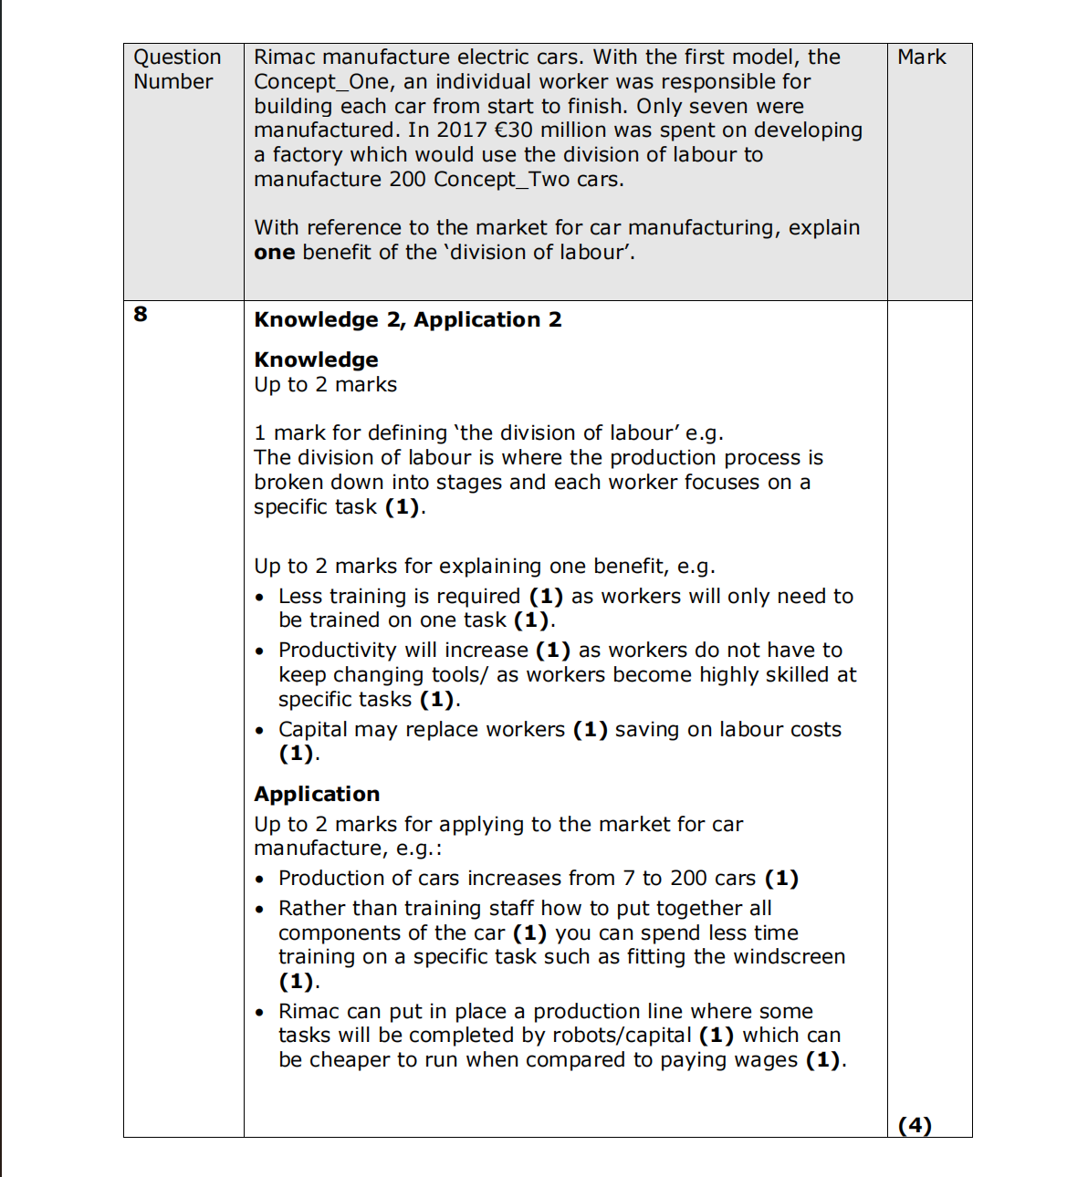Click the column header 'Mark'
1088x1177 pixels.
pos(921,57)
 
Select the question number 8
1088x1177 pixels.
pos(141,315)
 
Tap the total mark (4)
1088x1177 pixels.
pos(915,1125)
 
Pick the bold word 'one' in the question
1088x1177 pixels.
pos(274,253)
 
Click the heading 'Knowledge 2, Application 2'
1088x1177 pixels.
pos(407,320)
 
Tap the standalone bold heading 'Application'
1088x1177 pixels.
pos(317,795)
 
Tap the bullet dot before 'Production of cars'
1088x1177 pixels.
pos(260,880)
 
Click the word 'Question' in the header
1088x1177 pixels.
pos(177,57)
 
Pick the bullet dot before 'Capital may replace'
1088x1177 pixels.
pos(260,731)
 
